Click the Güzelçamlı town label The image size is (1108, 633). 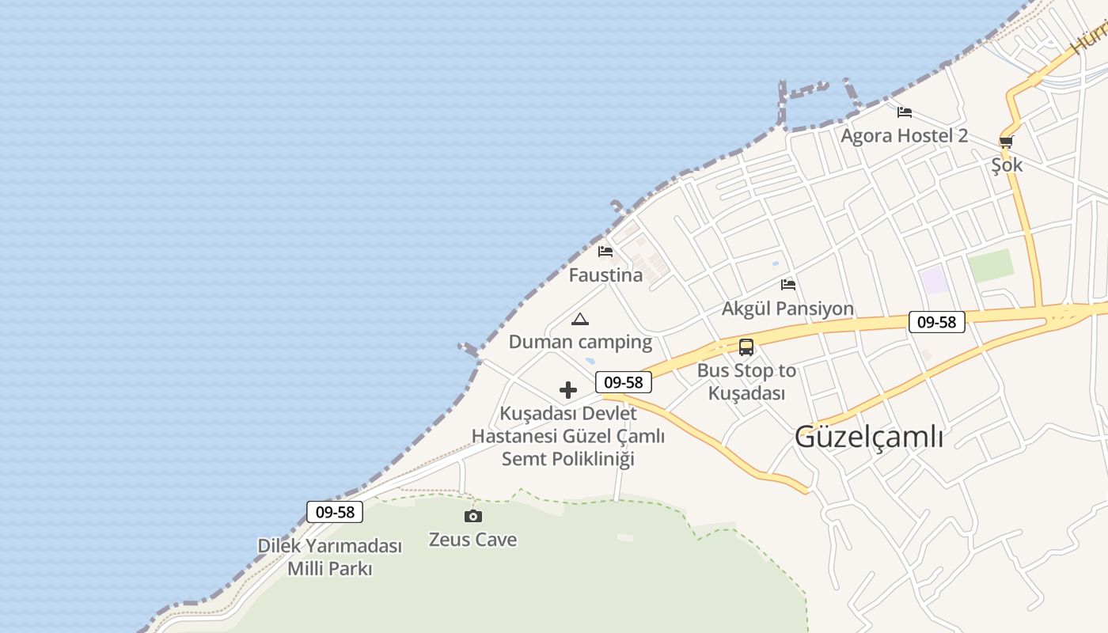[868, 436]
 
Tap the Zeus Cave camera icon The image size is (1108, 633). [472, 516]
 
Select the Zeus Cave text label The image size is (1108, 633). [472, 540]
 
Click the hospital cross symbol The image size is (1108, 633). [568, 390]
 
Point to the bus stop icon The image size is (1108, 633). [746, 347]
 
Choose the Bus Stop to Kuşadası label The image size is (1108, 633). [746, 381]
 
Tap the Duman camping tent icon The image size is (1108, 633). [580, 319]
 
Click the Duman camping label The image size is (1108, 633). [580, 342]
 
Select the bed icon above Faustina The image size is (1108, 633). [605, 252]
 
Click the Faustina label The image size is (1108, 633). [605, 275]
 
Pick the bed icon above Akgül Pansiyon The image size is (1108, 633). [787, 285]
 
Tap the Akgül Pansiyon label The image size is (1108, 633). [787, 309]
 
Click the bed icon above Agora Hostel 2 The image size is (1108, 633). [905, 112]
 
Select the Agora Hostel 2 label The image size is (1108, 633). [904, 135]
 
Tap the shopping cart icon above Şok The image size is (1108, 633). [1006, 142]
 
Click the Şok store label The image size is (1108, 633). [1007, 165]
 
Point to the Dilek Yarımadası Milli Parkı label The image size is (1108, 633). [330, 557]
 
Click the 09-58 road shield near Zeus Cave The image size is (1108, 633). [335, 512]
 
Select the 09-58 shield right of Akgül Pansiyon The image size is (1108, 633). [936, 322]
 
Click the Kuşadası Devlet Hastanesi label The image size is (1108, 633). [568, 436]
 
